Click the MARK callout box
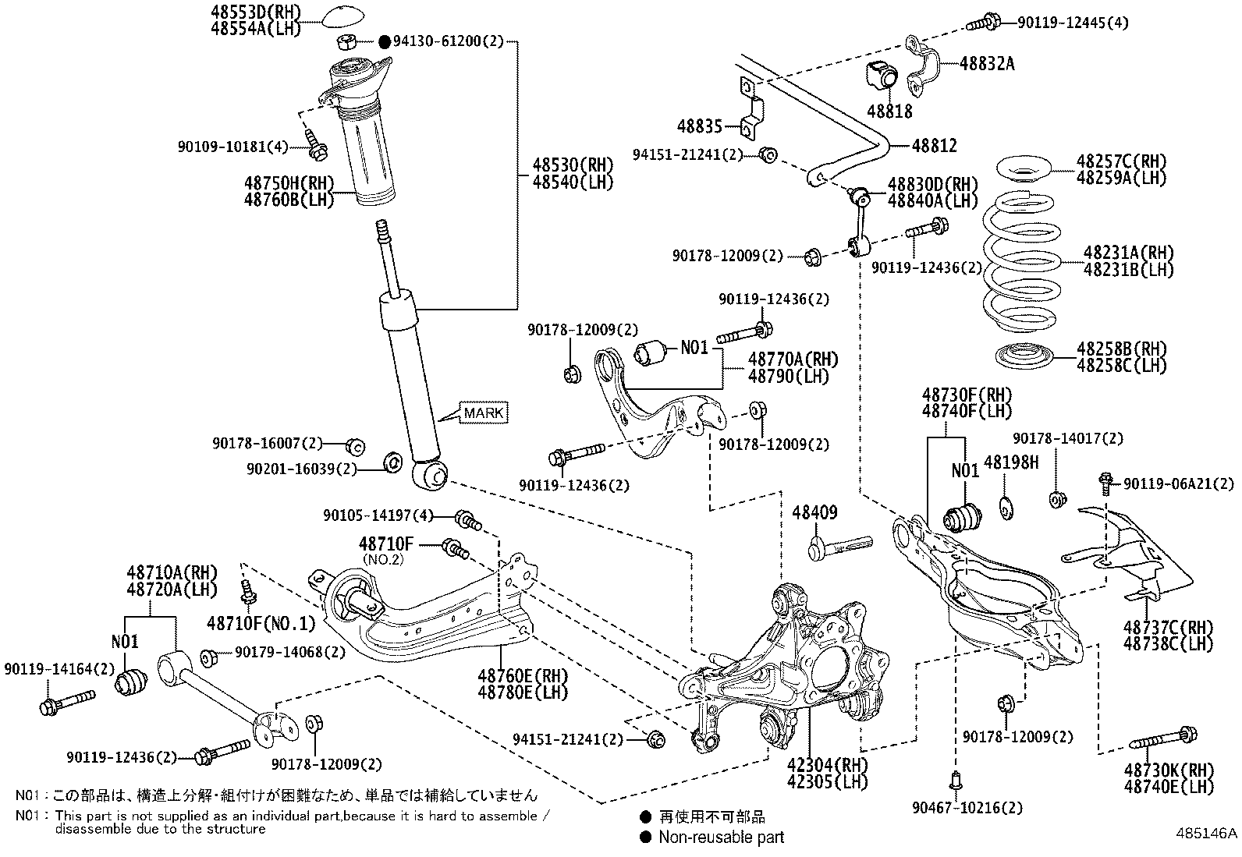484,413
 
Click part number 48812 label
934,146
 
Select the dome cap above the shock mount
344,16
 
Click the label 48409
814,512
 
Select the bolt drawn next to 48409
841,545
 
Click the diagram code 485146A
1206,832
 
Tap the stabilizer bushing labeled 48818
882,75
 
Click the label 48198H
1011,462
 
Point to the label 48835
700,126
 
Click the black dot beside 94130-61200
384,41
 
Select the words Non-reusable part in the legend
721,838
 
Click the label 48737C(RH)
1169,627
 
